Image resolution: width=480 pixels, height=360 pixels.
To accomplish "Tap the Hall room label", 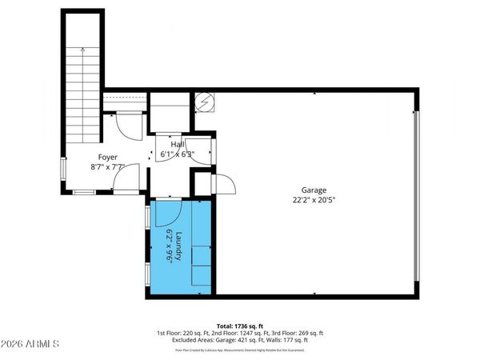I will [x=188, y=144].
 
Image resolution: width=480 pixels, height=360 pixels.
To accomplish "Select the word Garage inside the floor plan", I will [x=314, y=190].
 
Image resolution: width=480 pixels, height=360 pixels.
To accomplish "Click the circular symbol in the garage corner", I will [x=206, y=102].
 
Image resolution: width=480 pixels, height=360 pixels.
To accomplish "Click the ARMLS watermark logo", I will [x=30, y=345].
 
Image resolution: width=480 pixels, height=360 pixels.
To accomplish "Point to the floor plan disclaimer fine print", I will [x=240, y=350].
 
